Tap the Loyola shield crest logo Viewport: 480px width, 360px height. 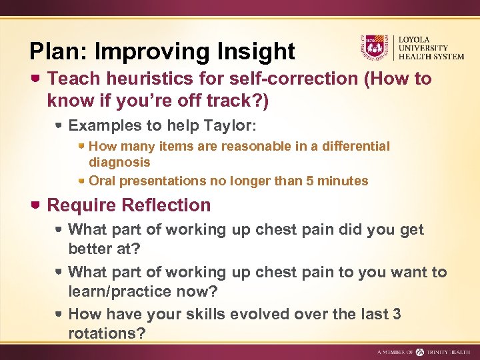373,47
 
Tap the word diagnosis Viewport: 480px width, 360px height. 119,162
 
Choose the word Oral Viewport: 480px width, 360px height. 101,181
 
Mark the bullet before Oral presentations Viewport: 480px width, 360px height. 81,181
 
